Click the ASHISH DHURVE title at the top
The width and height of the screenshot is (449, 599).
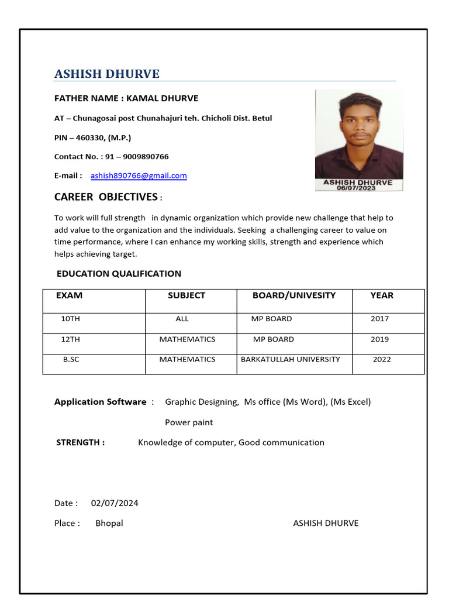click(x=107, y=74)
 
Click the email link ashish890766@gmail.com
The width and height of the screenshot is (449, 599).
click(x=139, y=175)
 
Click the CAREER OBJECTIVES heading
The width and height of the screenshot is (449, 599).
click(x=106, y=197)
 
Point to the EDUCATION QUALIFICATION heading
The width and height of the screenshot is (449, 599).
click(x=119, y=274)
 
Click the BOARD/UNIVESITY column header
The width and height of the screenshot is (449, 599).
click(x=293, y=295)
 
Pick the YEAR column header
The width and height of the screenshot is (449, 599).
click(x=382, y=295)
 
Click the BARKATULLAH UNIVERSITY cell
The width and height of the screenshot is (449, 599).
click(x=290, y=359)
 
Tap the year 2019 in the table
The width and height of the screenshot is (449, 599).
click(x=379, y=339)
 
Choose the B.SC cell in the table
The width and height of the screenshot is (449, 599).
click(x=71, y=359)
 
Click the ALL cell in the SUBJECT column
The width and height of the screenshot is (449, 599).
click(x=182, y=319)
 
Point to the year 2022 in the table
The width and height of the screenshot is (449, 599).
click(x=382, y=359)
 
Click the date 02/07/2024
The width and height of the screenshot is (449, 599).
click(x=115, y=503)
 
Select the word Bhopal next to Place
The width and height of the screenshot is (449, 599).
click(x=109, y=523)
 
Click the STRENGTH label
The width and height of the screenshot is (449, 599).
click(x=80, y=442)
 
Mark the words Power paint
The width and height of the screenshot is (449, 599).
click(x=189, y=422)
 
